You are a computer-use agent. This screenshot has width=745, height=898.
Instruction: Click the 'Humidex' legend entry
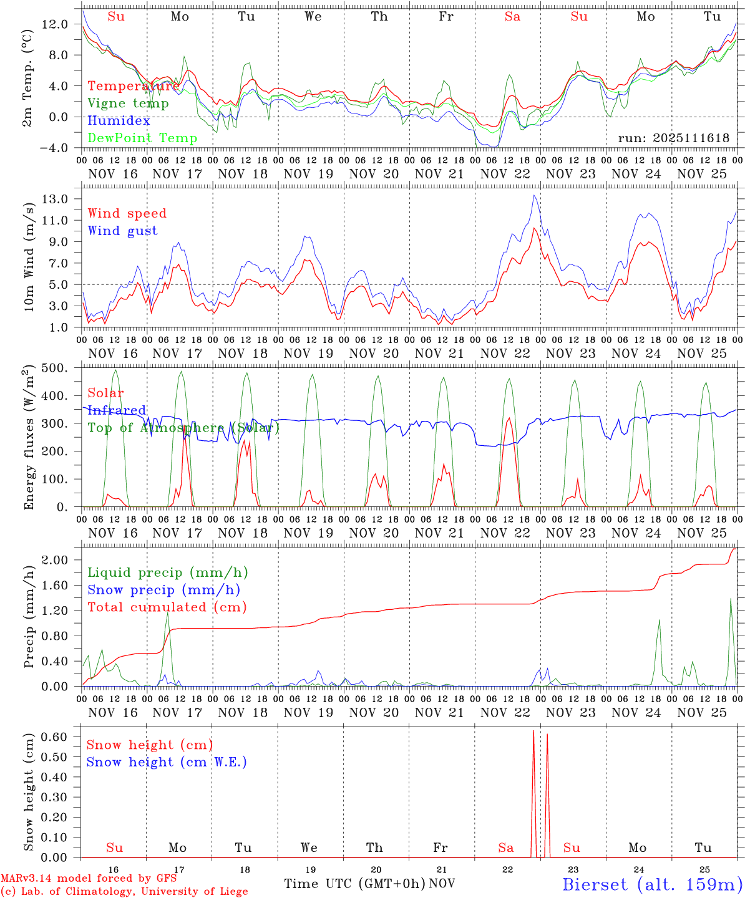[x=119, y=121]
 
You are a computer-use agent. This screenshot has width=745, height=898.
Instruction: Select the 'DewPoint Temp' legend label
[x=142, y=138]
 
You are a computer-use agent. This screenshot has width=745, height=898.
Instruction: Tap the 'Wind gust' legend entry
[x=122, y=231]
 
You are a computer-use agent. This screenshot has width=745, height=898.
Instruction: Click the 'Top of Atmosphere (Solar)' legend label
[x=183, y=428]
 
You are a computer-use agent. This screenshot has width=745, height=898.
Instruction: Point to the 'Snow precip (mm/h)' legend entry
[x=163, y=590]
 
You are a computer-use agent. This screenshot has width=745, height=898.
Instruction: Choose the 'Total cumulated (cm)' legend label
[x=167, y=607]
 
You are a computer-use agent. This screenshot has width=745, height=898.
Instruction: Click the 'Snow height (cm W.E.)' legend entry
[x=167, y=762]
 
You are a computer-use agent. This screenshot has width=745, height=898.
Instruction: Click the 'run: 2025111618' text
[x=673, y=138]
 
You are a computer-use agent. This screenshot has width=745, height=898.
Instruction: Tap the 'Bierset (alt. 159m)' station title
[x=651, y=884]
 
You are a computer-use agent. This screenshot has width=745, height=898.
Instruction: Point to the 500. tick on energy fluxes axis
[x=54, y=368]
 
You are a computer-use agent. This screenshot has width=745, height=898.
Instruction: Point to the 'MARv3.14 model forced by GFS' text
[x=89, y=878]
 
